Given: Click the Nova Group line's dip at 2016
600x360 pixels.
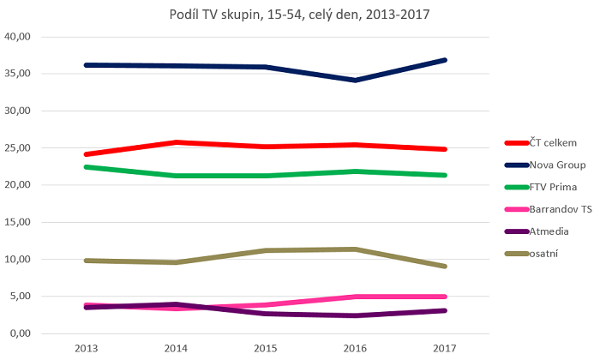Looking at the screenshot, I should point(355,81).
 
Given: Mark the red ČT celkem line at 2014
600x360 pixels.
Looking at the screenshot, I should point(176,142).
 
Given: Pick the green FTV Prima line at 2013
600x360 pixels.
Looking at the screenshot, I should point(86,167).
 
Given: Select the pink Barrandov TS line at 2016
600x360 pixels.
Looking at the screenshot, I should point(355,297).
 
